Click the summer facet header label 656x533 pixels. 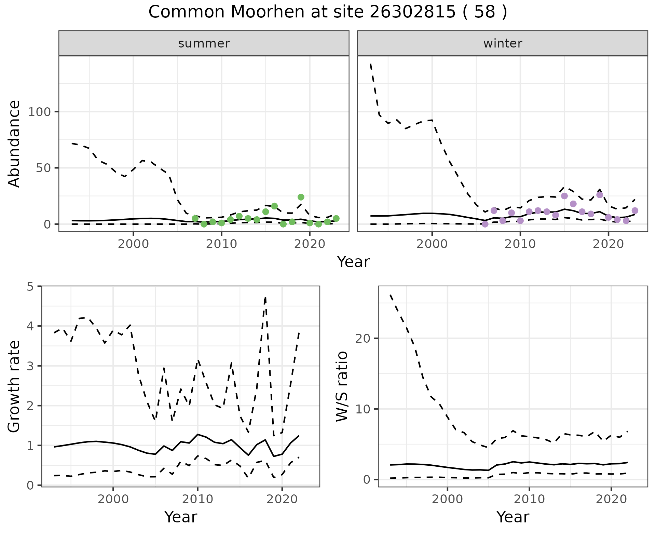[204, 43]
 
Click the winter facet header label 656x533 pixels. [502, 43]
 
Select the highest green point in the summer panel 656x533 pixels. [301, 197]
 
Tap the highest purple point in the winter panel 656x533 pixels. [600, 195]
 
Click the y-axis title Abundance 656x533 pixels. [14, 143]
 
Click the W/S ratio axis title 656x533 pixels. [342, 386]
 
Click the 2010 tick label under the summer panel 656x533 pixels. [221, 244]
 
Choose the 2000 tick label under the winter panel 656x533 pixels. [432, 244]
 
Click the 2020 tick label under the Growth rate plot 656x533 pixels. [282, 499]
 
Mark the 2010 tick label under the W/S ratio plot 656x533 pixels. [529, 499]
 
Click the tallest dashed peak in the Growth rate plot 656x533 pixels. [265, 298]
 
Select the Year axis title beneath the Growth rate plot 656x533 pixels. [181, 517]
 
